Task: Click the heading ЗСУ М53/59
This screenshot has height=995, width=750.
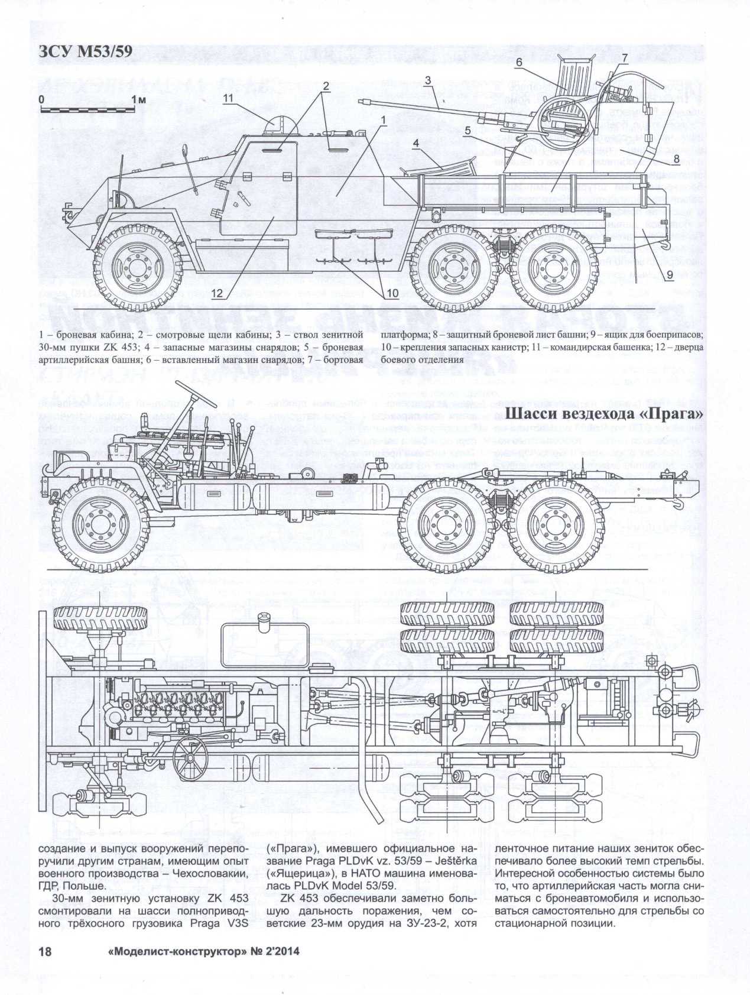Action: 85,53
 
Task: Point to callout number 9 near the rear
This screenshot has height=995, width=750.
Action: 670,274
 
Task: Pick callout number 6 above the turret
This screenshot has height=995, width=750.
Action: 518,61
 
